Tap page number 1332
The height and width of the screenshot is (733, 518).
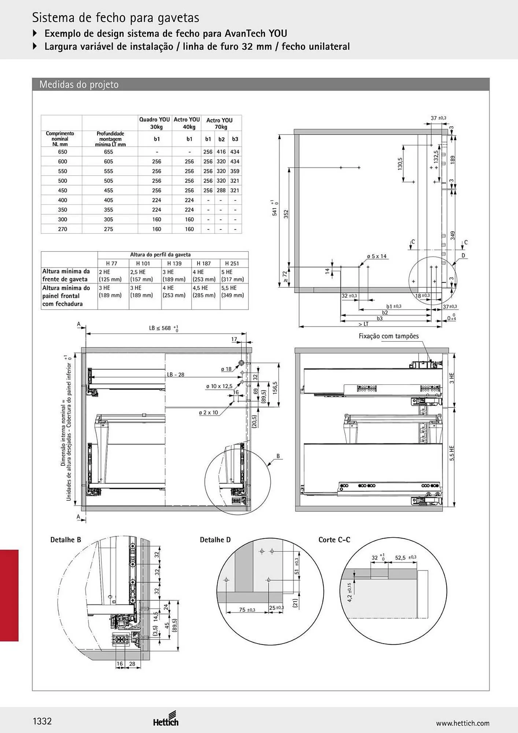(42, 721)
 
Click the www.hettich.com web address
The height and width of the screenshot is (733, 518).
(463, 723)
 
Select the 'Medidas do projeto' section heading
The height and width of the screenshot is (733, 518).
(79, 85)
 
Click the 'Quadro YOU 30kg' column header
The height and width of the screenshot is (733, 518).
(155, 123)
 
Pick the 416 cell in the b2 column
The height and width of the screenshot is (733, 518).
(221, 152)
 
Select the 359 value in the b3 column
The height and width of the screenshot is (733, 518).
(235, 171)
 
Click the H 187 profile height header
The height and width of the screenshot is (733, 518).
(204, 263)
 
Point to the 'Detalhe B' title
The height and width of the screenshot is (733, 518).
(66, 540)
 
